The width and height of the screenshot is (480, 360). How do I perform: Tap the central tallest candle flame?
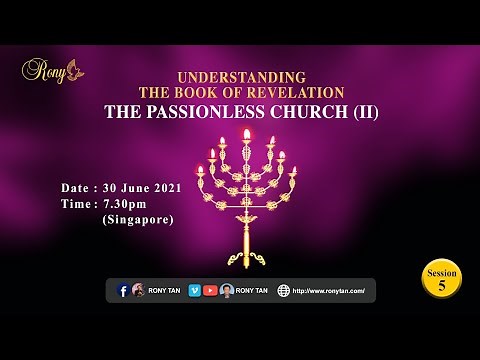coord(247,134)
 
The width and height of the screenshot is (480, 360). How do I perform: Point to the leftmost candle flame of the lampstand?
coord(199,170)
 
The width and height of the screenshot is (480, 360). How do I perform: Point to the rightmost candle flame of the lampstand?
coord(294,170)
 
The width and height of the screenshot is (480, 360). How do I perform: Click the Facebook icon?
coord(123,290)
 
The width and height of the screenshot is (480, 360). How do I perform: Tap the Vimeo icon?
coord(194,290)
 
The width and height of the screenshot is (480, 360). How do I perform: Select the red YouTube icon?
coord(210,290)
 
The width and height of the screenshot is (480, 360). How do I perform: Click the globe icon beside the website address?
coord(284,290)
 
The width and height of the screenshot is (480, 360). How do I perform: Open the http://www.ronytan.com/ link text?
coord(329,291)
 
